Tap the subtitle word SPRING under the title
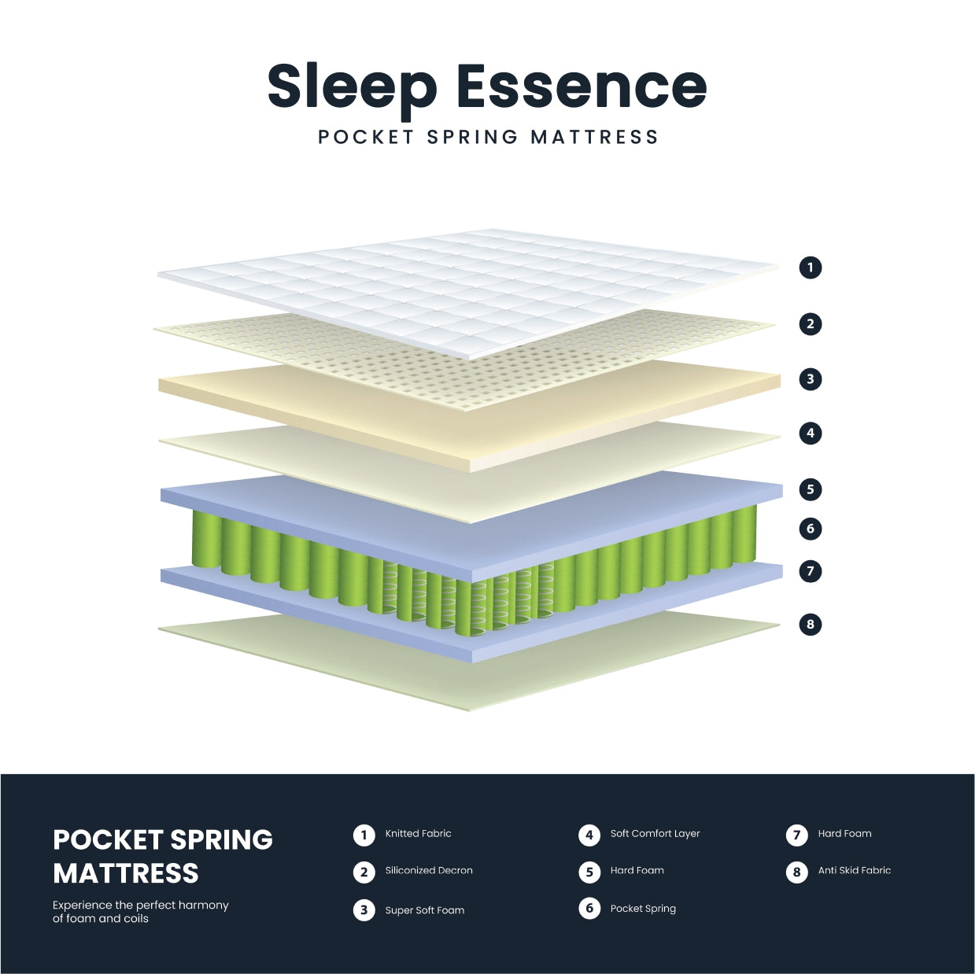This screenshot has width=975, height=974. coord(472,137)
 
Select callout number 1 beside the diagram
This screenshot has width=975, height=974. coord(811,267)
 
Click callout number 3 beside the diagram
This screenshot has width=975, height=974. coord(811,379)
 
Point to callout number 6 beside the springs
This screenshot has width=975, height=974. coord(811,529)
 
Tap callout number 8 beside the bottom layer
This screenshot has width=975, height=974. coord(811,625)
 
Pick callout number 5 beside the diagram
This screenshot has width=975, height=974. coord(811,489)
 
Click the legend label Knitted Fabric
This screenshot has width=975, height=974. coord(418,834)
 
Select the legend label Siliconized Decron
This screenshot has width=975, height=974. coord(429,871)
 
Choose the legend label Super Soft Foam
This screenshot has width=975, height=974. coord(424,910)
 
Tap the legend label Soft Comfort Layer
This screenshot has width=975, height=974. coord(655,834)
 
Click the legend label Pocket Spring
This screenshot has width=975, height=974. coord(643,909)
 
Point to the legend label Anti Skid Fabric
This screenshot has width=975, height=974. coord(854,871)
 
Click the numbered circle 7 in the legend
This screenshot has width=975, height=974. coord(796,835)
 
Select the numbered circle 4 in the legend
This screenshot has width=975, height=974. coord(589,835)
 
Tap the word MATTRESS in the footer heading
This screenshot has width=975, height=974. coord(126,874)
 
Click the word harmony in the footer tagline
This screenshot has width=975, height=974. coord(203,906)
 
